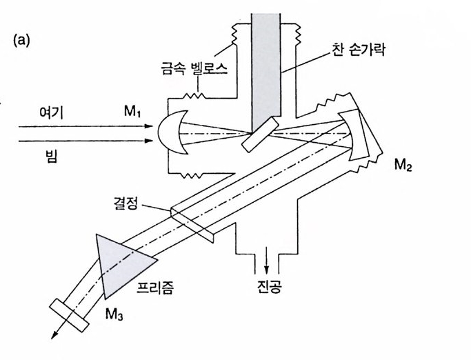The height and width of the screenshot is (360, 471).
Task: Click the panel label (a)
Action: [x=21, y=41]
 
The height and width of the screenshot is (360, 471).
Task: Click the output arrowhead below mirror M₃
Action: [x=52, y=337]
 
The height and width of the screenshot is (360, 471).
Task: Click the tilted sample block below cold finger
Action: [x=261, y=135]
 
